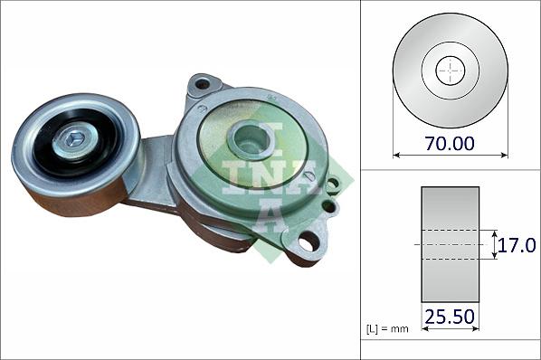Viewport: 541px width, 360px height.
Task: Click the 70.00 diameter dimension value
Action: (x=450, y=142)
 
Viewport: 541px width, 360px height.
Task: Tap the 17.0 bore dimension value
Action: (x=519, y=244)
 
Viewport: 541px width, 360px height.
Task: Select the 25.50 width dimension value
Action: (x=450, y=317)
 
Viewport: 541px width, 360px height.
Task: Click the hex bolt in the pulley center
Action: (x=75, y=139)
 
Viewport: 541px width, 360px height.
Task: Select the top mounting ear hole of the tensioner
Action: (x=202, y=84)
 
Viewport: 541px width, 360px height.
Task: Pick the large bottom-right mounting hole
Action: (x=308, y=242)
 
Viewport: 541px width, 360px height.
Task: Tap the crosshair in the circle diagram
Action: (x=450, y=71)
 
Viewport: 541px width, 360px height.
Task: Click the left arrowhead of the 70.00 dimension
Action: (x=396, y=155)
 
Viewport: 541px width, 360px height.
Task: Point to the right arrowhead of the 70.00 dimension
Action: (x=504, y=155)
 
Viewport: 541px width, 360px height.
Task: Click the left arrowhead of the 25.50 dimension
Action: (x=424, y=329)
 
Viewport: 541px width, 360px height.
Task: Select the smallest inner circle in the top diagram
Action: (x=450, y=71)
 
